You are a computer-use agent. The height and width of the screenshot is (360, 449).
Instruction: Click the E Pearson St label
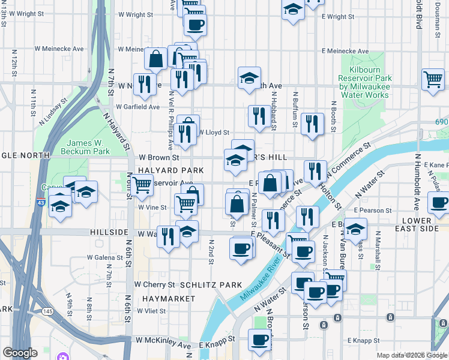[372, 211]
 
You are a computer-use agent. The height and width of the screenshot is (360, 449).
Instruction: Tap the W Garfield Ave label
[138, 107]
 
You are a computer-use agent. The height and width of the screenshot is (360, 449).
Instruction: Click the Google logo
[19, 353]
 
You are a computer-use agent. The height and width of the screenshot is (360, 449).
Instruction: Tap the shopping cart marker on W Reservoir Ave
[142, 185]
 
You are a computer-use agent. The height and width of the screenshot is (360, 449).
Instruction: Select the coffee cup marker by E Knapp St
[259, 340]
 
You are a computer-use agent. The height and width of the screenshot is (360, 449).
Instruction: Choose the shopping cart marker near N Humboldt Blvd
[433, 79]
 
